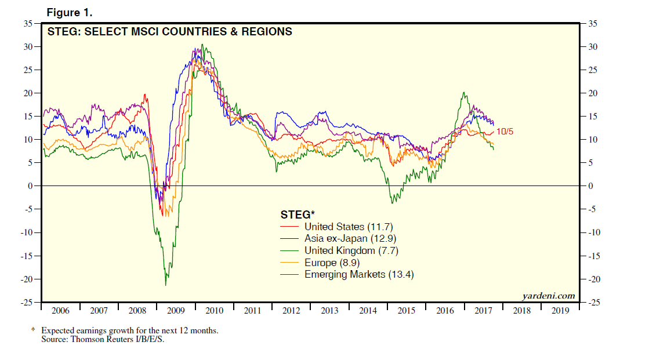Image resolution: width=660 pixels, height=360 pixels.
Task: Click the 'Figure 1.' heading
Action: point(70,12)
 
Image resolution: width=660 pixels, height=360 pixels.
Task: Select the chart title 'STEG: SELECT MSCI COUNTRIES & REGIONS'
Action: point(169,31)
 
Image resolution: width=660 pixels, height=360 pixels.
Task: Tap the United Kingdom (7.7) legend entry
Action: point(351,250)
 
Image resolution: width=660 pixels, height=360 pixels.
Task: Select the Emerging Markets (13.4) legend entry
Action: point(359,274)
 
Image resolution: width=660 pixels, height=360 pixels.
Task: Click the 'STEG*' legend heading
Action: point(298,214)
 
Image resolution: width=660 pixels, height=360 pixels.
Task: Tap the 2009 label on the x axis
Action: point(176,311)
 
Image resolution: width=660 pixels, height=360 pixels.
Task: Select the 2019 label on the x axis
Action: point(560,311)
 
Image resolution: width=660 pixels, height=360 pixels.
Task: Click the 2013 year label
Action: point(329,311)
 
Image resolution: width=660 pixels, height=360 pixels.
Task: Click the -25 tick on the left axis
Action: point(27,303)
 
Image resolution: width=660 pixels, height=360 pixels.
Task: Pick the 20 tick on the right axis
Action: point(593,93)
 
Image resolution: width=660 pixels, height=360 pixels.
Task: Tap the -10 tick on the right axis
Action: point(594,232)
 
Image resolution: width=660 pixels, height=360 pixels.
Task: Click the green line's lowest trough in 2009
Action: point(166,285)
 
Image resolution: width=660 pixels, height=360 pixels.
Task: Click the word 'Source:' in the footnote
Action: point(55,339)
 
